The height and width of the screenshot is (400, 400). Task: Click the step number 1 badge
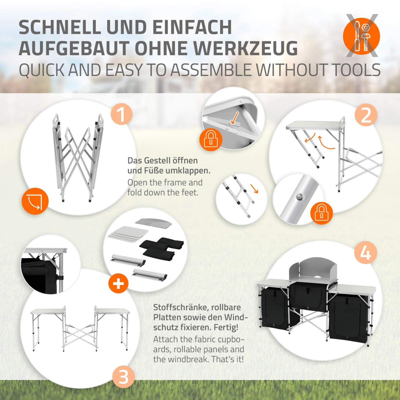[x=121, y=114]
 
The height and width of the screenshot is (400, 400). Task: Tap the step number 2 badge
[x=366, y=115]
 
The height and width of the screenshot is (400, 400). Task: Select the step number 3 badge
[x=123, y=377]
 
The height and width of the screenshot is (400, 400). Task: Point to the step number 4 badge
[x=365, y=253]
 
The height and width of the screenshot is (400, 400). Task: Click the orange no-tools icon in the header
[x=361, y=36]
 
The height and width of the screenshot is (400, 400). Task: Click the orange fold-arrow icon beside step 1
[x=35, y=201]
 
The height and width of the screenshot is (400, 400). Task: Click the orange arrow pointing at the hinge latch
[x=235, y=118]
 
